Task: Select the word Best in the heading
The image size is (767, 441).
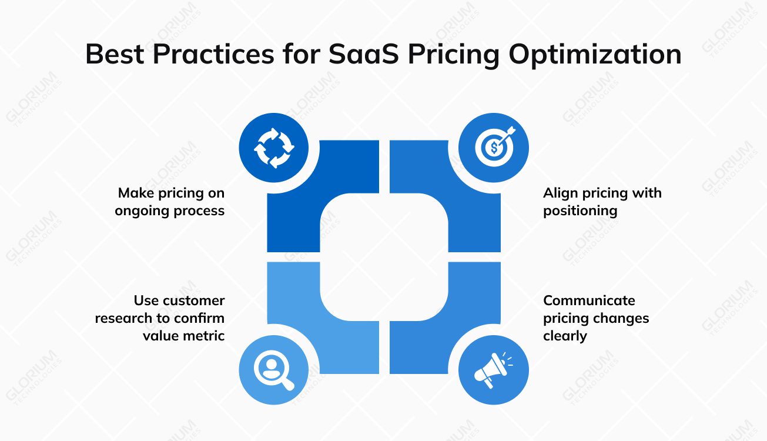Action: (115, 54)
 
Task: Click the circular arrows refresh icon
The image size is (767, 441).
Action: (273, 148)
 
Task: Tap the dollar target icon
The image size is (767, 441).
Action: (494, 148)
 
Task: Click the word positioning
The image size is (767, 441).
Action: (580, 211)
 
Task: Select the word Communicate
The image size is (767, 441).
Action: (589, 300)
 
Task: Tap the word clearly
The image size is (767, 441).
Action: (565, 336)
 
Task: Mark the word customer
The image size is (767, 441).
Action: (193, 300)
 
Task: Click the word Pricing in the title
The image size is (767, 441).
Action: (455, 54)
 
